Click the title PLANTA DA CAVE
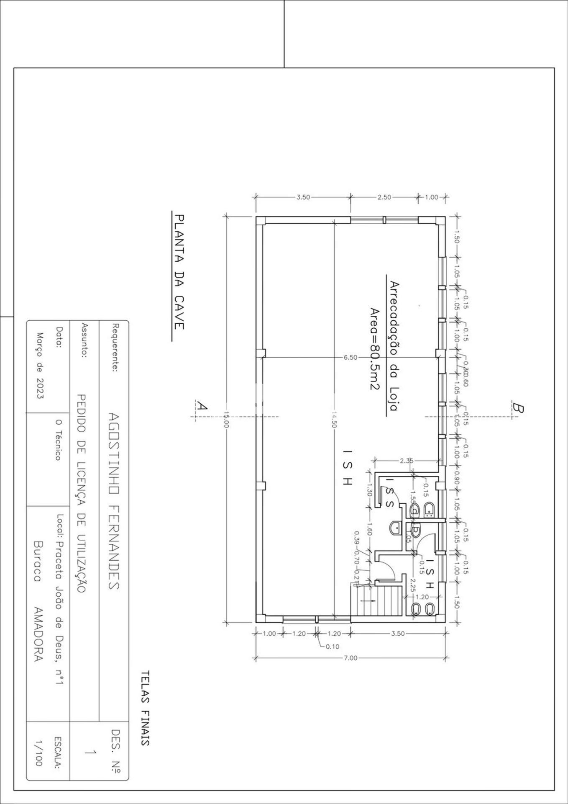179,272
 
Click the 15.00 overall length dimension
226,419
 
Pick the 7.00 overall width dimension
351,658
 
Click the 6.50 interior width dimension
350,357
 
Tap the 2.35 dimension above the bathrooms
406,461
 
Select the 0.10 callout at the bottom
332,647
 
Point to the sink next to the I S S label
395,528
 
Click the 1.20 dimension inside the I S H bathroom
422,597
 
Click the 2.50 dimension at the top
384,197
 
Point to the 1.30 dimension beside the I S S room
369,490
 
